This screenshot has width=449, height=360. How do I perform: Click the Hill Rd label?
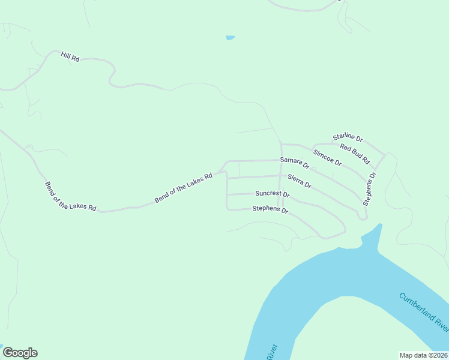pyautogui.click(x=70, y=57)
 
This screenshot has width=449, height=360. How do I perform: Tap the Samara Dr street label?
pyautogui.click(x=294, y=162)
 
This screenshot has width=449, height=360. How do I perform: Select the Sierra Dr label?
pyautogui.click(x=299, y=181)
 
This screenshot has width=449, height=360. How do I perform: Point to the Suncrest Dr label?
pyautogui.click(x=272, y=194)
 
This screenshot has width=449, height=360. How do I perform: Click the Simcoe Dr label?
pyautogui.click(x=327, y=158)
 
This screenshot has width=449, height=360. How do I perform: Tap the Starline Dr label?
pyautogui.click(x=348, y=138)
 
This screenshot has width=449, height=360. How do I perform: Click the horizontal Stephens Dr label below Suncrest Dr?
pyautogui.click(x=270, y=209)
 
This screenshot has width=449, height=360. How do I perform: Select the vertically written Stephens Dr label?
pyautogui.click(x=369, y=189)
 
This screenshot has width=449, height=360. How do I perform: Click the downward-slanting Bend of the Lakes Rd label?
pyautogui.click(x=70, y=196)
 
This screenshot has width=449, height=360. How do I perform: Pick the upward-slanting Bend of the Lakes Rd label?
pyautogui.click(x=184, y=188)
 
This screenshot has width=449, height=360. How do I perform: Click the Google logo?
pyautogui.click(x=20, y=353)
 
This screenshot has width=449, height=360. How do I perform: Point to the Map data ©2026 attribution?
pyautogui.click(x=424, y=355)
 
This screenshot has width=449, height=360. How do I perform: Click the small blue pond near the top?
pyautogui.click(x=230, y=38)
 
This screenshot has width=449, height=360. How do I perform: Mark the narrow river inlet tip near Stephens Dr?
pyautogui.click(x=379, y=226)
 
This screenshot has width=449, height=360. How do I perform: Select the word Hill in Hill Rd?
pyautogui.click(x=65, y=55)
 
